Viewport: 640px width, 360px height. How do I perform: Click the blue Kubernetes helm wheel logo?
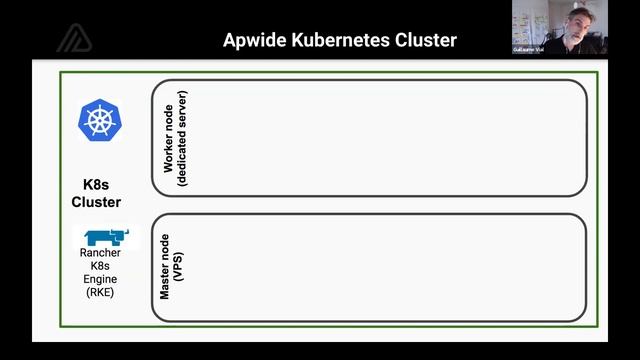[x=99, y=121]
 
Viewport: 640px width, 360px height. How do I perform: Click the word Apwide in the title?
[x=256, y=41]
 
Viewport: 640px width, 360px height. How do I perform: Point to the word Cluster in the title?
[x=425, y=41]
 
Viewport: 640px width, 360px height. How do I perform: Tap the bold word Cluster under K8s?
[x=96, y=202]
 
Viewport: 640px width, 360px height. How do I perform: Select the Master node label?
[x=166, y=267]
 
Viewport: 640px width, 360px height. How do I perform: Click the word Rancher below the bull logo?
[x=100, y=253]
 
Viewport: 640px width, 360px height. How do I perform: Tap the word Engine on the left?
[x=100, y=280]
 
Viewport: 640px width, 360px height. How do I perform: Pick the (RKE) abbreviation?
[x=100, y=293]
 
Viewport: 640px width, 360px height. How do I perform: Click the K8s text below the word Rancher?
[x=100, y=266]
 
